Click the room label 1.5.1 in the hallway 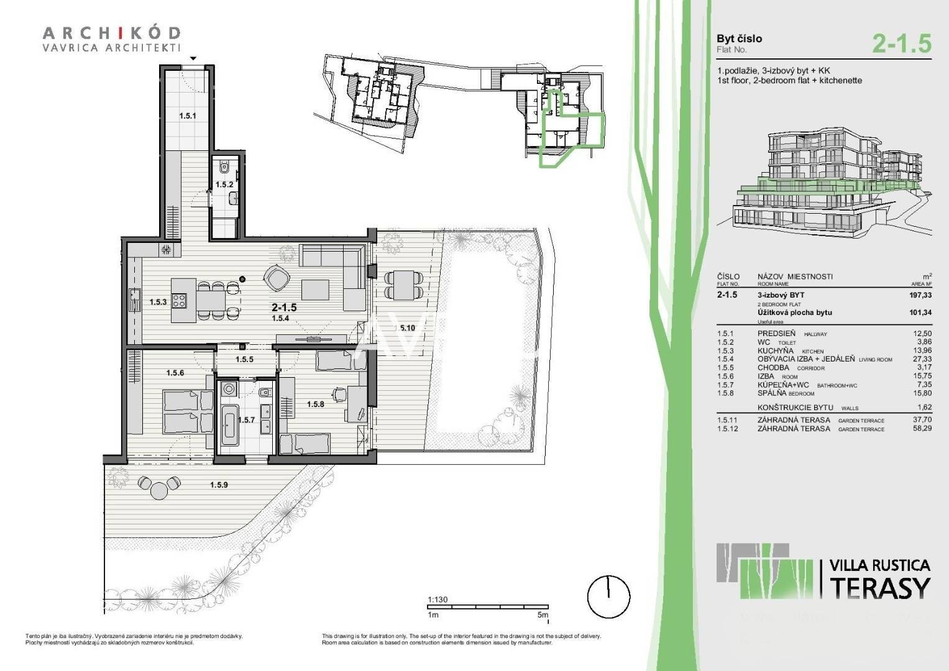188,116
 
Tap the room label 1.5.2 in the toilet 224,185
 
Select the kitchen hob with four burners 179,301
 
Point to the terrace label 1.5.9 219,485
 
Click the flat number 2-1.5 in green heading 902,43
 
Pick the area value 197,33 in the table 920,296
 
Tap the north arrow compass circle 608,596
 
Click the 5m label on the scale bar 543,615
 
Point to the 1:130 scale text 438,600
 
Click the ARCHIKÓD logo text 112,32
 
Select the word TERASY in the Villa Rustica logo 880,587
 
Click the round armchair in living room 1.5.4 275,277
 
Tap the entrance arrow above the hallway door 194,58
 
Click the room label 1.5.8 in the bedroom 316,404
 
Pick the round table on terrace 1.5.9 160,490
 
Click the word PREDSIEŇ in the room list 776,334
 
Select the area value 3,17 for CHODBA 924,368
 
